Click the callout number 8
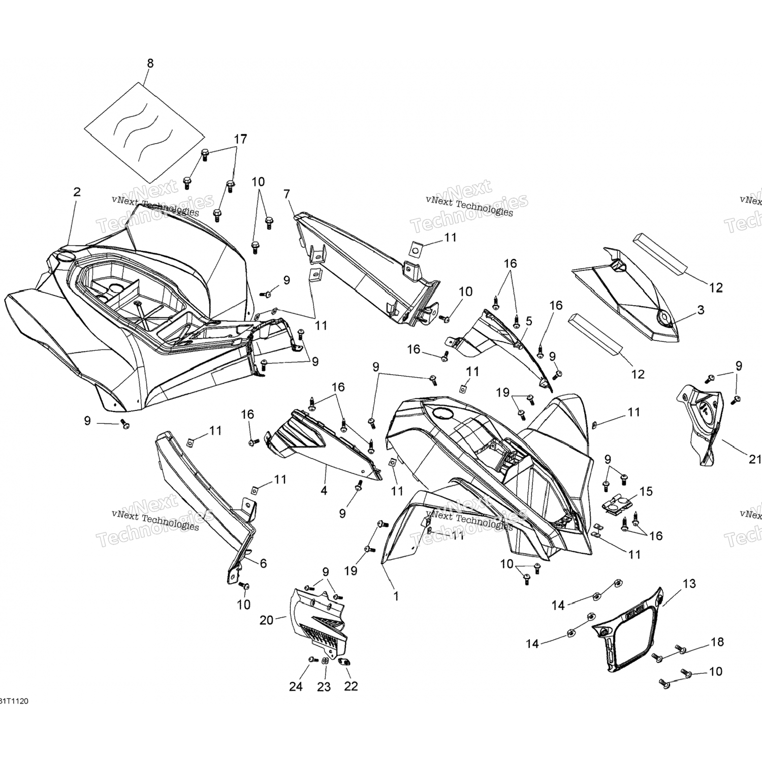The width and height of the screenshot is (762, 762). coord(150,63)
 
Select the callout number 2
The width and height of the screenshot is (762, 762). coord(77,192)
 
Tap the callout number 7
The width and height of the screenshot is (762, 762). coord(287,194)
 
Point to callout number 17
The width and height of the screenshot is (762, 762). coord(240,139)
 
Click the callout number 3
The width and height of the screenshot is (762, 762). coord(701,310)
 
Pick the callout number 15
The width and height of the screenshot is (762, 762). coord(646,492)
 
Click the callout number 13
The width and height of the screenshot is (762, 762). coord(689,584)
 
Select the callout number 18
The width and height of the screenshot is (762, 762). coord(717,642)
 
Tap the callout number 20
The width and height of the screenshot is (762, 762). coord(266,620)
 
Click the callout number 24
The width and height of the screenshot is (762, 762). coord(296,686)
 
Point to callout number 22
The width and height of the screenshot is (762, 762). coord(351,686)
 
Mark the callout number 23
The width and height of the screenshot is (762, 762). coord(324,687)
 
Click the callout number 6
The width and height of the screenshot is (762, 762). coord(263,563)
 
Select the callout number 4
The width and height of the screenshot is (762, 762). coord(324,491)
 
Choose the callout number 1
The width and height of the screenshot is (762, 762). coord(396,596)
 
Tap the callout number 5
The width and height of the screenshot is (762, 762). coord(529,321)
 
